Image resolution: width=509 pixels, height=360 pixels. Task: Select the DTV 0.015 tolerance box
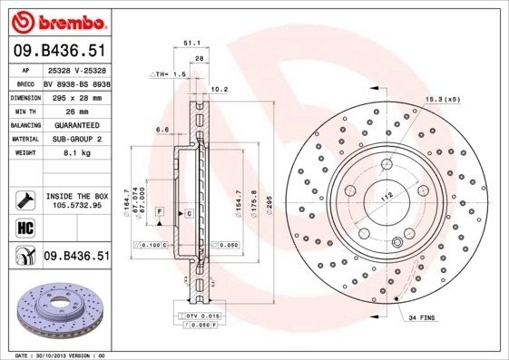click(202, 314)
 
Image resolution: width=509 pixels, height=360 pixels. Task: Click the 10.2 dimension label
click(218, 89)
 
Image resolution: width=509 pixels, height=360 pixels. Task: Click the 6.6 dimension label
click(162, 130)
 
